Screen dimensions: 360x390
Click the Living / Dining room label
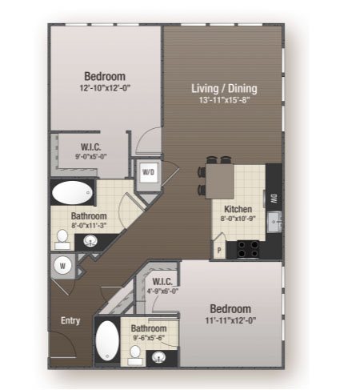[224, 88]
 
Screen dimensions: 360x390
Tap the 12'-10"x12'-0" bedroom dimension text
[105, 88]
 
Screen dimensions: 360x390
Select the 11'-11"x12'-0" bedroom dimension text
[230, 320]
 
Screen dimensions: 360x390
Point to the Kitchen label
[238, 209]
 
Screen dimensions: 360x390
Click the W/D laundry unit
[148, 172]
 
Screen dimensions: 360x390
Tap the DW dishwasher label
[274, 199]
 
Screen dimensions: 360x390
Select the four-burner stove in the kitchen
[248, 249]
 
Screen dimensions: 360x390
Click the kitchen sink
[274, 222]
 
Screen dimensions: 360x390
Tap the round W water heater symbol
[62, 266]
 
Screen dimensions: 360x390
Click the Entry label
[70, 320]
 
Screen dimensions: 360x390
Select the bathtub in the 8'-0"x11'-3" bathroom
[72, 193]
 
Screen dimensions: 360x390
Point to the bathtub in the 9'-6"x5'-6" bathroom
[107, 340]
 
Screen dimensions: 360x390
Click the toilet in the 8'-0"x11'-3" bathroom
[62, 239]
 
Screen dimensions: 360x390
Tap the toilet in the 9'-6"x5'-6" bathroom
[135, 355]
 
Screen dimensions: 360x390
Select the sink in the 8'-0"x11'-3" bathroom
[90, 241]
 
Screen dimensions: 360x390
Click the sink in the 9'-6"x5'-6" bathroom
[158, 356]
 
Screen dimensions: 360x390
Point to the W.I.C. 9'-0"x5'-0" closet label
[91, 151]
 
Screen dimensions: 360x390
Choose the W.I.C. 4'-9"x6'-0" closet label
[162, 286]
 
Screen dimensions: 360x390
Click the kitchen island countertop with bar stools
[220, 181]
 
